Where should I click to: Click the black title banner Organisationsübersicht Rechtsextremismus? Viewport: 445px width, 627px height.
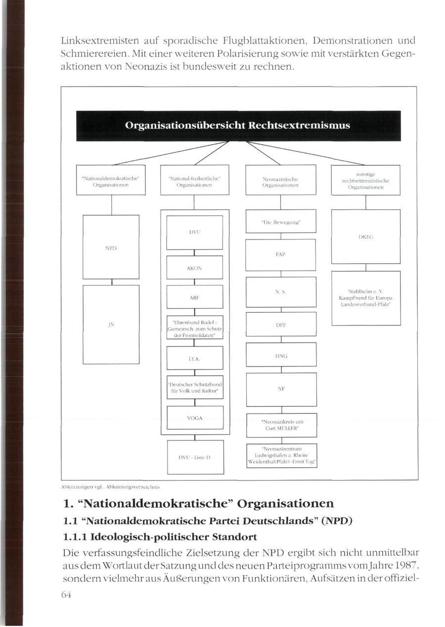[237, 126]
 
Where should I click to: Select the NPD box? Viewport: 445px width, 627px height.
[111, 246]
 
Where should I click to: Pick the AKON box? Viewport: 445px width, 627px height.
[195, 268]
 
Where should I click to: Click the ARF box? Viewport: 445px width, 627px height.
[195, 297]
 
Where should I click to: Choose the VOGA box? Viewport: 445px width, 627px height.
[195, 418]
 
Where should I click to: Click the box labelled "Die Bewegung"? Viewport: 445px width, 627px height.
[281, 223]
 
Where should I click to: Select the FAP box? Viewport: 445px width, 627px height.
[281, 254]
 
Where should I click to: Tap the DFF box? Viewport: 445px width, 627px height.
[281, 325]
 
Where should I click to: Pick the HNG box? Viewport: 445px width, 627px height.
[281, 355]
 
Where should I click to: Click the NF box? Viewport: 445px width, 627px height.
[281, 389]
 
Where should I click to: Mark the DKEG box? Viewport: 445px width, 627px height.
[365, 237]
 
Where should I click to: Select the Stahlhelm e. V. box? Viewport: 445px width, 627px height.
[365, 298]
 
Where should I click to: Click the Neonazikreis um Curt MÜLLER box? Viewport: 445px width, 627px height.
[281, 425]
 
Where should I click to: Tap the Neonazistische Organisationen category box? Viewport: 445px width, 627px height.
[281, 180]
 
